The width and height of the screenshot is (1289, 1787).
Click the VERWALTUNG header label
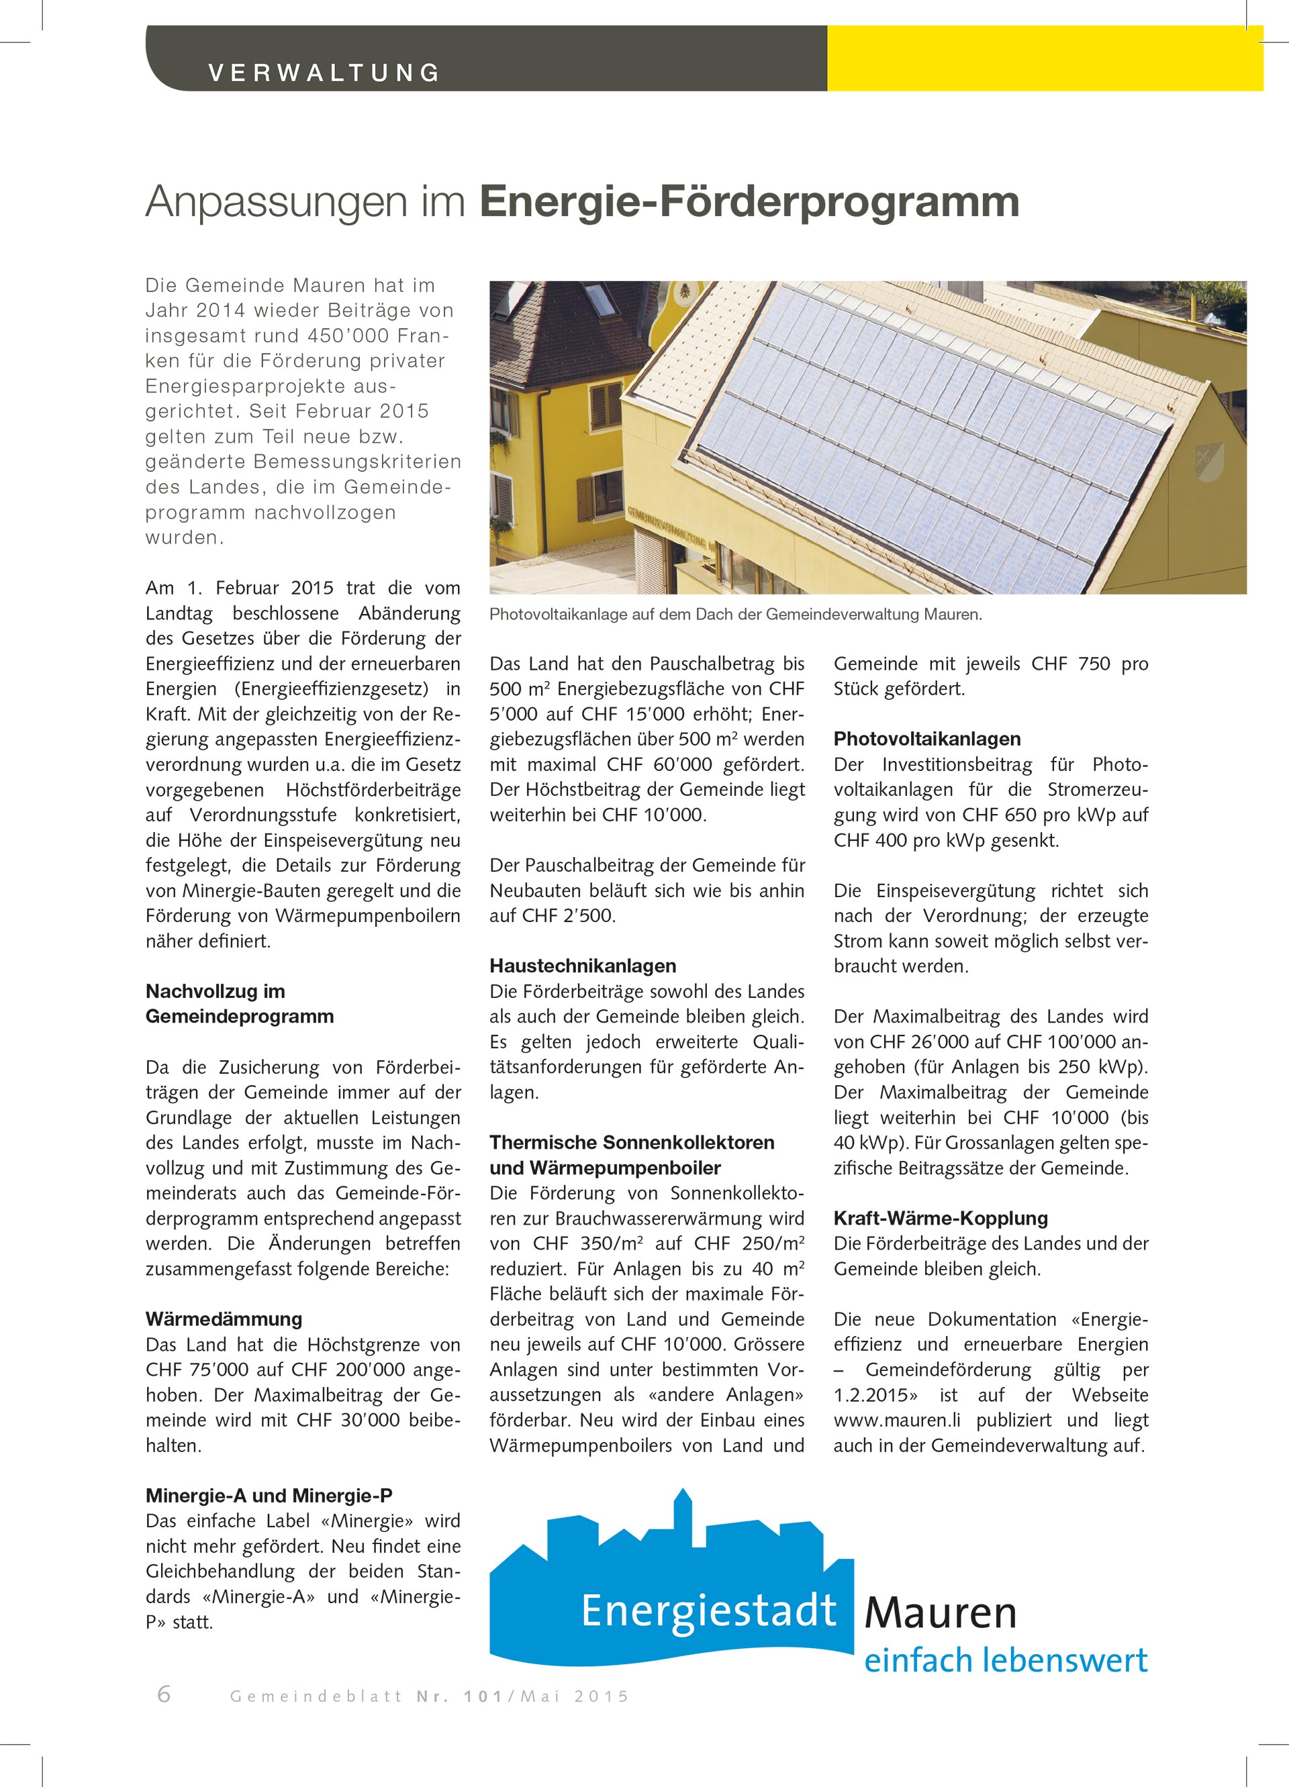[323, 72]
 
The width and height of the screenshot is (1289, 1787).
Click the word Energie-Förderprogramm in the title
[749, 202]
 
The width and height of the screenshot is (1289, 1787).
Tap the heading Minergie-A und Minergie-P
[269, 1496]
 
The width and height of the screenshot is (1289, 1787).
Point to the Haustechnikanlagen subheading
[583, 966]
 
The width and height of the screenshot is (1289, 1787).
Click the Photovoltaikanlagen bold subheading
[927, 739]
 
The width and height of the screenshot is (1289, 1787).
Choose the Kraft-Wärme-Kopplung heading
[941, 1218]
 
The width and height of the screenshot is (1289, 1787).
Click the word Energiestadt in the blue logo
[708, 1611]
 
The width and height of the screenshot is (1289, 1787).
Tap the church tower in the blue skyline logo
[683, 1517]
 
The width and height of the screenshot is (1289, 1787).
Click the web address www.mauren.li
[897, 1421]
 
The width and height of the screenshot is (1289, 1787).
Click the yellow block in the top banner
[1045, 58]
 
